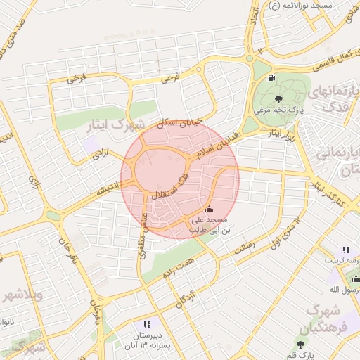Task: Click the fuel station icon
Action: (271, 77)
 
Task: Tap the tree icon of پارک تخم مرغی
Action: (281, 98)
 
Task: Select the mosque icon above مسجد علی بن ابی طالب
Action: (208, 210)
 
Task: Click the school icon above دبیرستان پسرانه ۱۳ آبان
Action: (146, 324)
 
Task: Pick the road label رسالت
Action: (247, 245)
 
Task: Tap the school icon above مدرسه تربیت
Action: (345, 250)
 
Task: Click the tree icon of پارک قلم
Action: (301, 344)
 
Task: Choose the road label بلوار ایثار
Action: (276, 134)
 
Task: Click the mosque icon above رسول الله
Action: (355, 279)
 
